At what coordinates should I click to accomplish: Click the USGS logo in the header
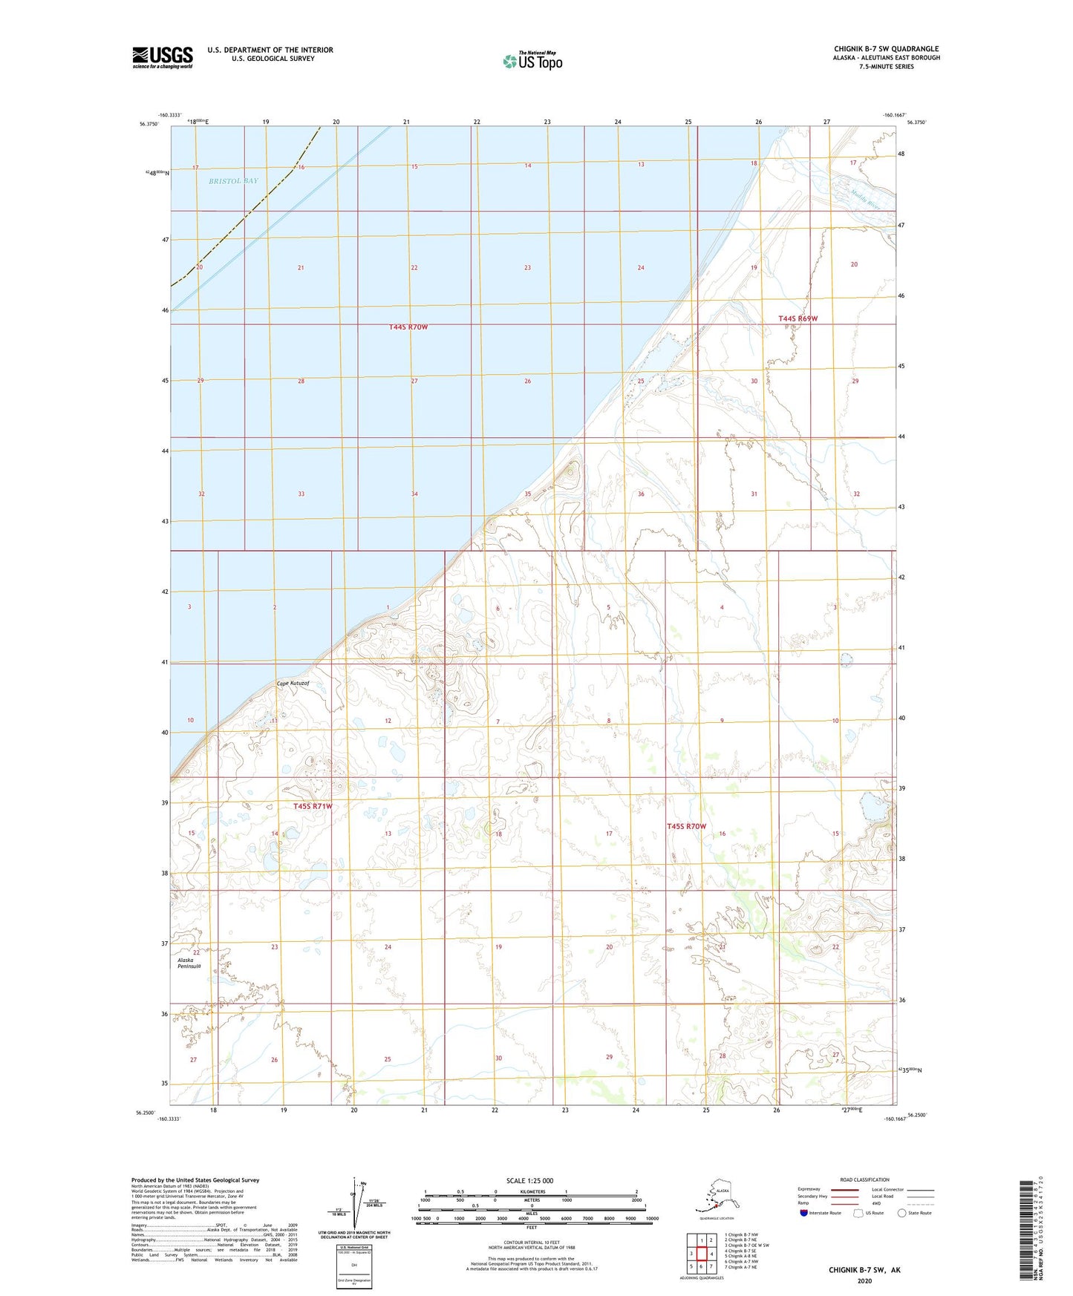click(162, 57)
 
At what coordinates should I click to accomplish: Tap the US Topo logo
click(532, 61)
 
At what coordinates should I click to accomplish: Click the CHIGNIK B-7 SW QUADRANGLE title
click(886, 49)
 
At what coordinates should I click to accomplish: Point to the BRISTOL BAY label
click(233, 181)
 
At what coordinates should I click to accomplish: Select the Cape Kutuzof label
click(293, 684)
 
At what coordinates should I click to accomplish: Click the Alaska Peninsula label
click(189, 963)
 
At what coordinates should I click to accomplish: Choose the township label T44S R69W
click(798, 318)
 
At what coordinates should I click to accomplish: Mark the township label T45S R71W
click(312, 806)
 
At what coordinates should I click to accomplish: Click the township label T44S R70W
click(408, 327)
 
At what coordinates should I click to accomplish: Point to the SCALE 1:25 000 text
click(529, 1181)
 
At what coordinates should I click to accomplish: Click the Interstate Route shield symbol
click(803, 1213)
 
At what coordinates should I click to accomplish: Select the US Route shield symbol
click(859, 1213)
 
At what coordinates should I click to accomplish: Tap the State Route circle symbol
click(902, 1213)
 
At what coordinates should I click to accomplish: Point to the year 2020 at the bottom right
click(864, 1280)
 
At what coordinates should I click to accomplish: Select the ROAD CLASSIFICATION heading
click(864, 1179)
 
